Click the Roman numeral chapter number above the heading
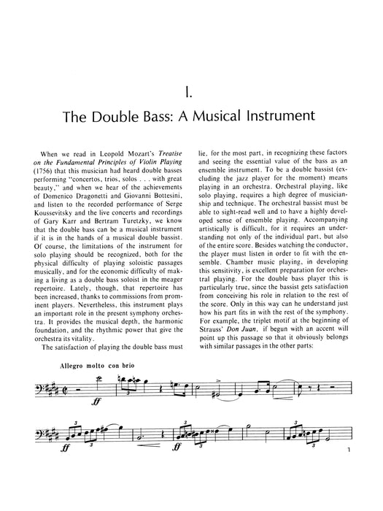point(190,93)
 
